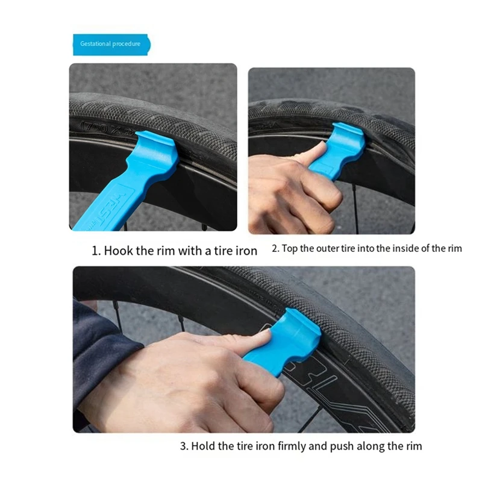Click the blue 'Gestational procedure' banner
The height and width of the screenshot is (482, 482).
111,44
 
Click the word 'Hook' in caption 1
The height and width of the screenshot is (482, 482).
119,251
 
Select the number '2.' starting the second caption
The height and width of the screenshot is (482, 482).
275,249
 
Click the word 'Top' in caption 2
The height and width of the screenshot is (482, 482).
290,249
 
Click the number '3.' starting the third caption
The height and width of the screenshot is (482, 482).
184,446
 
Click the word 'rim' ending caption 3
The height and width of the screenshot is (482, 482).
413,446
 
